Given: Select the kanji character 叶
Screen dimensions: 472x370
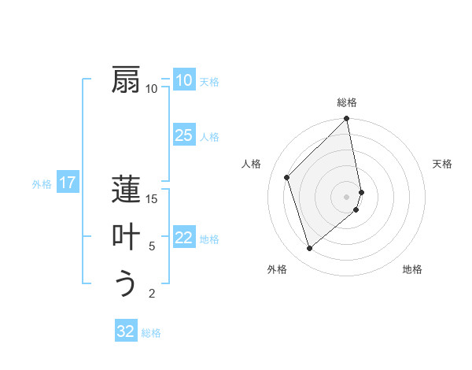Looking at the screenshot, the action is pyautogui.click(x=127, y=237).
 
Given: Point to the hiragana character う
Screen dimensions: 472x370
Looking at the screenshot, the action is pyautogui.click(x=127, y=283).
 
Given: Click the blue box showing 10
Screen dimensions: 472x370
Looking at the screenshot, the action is pyautogui.click(x=183, y=80).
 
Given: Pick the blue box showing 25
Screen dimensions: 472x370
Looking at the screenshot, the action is pyautogui.click(x=183, y=135).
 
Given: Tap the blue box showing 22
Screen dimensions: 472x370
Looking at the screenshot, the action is pyautogui.click(x=183, y=238).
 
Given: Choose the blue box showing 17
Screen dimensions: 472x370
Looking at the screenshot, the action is pyautogui.click(x=68, y=183).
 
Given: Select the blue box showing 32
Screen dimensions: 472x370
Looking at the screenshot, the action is pyautogui.click(x=126, y=331).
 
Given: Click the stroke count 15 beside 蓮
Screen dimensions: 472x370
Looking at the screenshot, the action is pyautogui.click(x=152, y=198).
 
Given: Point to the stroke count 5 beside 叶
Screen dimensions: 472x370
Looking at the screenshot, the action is pyautogui.click(x=152, y=246).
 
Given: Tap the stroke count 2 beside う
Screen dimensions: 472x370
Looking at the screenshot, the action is pyautogui.click(x=152, y=294).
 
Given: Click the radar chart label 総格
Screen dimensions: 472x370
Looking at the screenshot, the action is pyautogui.click(x=347, y=102).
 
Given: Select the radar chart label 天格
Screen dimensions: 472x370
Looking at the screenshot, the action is pyautogui.click(x=443, y=164).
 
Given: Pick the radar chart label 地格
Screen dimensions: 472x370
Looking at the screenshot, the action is pyautogui.click(x=412, y=269).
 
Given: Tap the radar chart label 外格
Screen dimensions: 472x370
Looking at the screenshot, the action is pyautogui.click(x=276, y=269).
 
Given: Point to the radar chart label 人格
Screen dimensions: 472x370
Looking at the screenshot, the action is pyautogui.click(x=251, y=164).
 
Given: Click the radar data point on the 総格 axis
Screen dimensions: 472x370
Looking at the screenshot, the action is pyautogui.click(x=347, y=120).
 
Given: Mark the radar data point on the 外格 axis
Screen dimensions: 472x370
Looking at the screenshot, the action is pyautogui.click(x=310, y=249).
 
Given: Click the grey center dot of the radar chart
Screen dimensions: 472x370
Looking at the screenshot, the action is pyautogui.click(x=347, y=196).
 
